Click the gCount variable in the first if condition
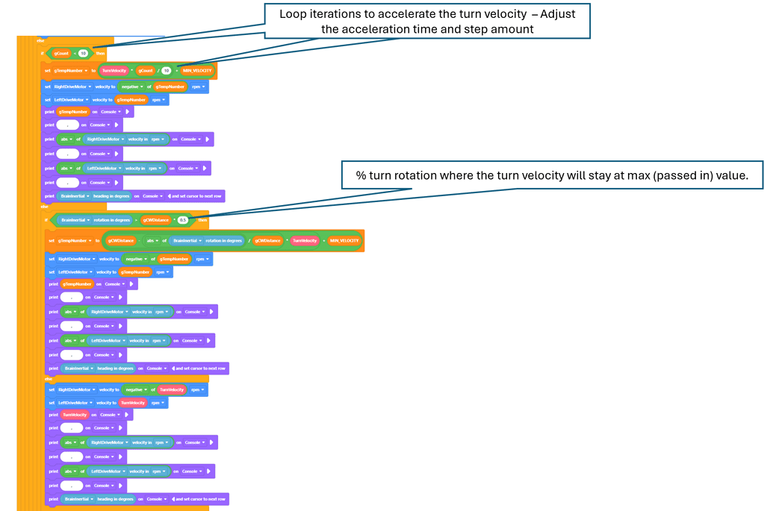(63, 54)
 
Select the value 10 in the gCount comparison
(84, 54)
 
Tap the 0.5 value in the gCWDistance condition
(182, 220)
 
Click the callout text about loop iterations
(426, 21)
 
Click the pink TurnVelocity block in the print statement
(75, 414)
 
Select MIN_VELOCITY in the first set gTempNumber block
(197, 70)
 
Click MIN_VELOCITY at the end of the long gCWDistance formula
(344, 240)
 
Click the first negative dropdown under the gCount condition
(135, 87)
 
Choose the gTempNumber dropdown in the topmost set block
(72, 70)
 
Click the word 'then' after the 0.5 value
(202, 220)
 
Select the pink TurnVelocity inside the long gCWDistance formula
(305, 240)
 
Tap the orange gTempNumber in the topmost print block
(72, 112)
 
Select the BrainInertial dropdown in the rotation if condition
(78, 220)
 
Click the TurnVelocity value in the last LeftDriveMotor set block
(133, 403)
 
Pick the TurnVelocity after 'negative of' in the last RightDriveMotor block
(172, 389)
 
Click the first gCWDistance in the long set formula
(120, 240)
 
